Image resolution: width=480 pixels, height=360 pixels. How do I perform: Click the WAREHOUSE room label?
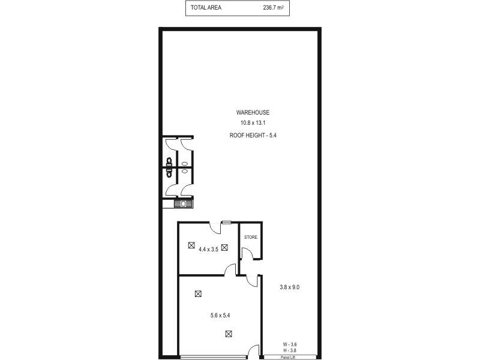[253, 112]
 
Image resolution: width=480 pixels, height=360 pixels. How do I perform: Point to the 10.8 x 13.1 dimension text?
[253, 123]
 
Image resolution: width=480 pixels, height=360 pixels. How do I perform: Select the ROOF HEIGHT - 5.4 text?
[253, 136]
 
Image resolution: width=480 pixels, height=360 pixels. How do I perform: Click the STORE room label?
[250, 237]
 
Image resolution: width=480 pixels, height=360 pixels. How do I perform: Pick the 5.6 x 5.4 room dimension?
[212, 314]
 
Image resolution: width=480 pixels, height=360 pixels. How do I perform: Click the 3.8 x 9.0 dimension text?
[290, 287]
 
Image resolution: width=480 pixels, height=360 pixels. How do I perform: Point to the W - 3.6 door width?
[290, 344]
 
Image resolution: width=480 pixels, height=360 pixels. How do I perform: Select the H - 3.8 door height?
[290, 350]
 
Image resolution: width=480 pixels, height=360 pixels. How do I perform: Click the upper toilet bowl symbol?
[170, 161]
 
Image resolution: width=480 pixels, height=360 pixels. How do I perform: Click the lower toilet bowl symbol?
[170, 173]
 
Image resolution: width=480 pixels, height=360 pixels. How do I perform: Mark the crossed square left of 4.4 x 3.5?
[191, 245]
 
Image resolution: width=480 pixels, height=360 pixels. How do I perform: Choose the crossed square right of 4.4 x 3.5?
[224, 247]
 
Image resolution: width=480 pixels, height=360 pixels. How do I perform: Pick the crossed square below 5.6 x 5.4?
[228, 334]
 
